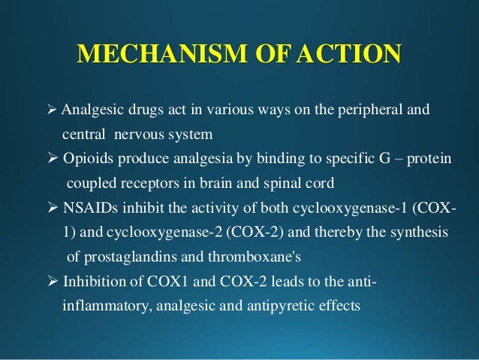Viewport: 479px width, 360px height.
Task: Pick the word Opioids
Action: [91, 160]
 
